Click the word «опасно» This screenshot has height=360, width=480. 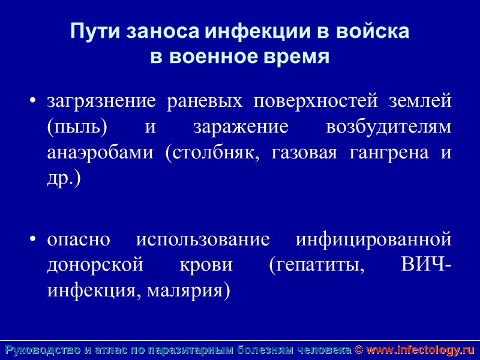pos(79,239)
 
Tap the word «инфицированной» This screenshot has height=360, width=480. pos(373,239)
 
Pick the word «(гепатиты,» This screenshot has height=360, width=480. pos(317,265)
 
